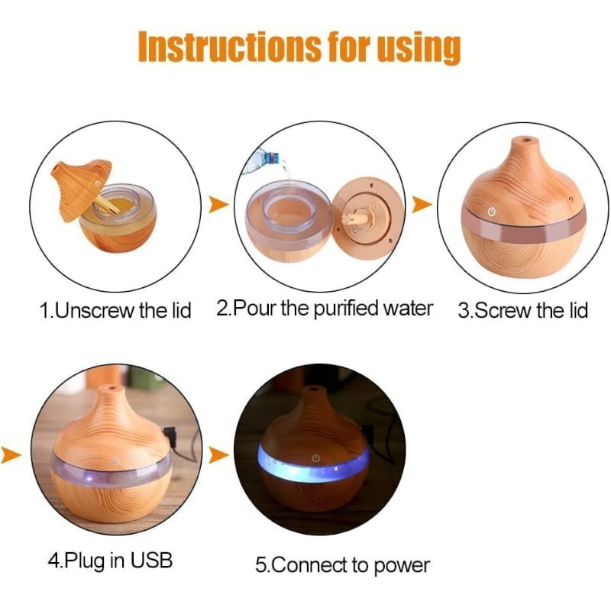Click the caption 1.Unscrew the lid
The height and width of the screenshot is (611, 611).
[115, 311]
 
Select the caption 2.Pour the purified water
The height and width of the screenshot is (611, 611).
[324, 309]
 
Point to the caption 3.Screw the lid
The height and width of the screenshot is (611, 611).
[522, 311]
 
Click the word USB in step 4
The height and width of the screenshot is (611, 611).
[151, 560]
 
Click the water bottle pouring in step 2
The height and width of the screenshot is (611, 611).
[264, 160]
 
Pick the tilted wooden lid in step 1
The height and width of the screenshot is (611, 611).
[82, 188]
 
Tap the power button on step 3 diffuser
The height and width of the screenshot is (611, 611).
[492, 212]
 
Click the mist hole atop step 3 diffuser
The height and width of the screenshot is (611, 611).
[525, 139]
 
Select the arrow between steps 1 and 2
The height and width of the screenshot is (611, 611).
[218, 204]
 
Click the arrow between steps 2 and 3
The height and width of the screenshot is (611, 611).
[422, 204]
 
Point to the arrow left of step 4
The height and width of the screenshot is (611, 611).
[11, 454]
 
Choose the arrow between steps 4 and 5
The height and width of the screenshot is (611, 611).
[218, 454]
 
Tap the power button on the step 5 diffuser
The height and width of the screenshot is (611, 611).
[316, 457]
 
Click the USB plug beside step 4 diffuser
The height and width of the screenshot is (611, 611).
[170, 435]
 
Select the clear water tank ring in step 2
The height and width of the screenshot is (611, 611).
[289, 218]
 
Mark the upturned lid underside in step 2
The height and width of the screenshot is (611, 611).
[369, 219]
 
